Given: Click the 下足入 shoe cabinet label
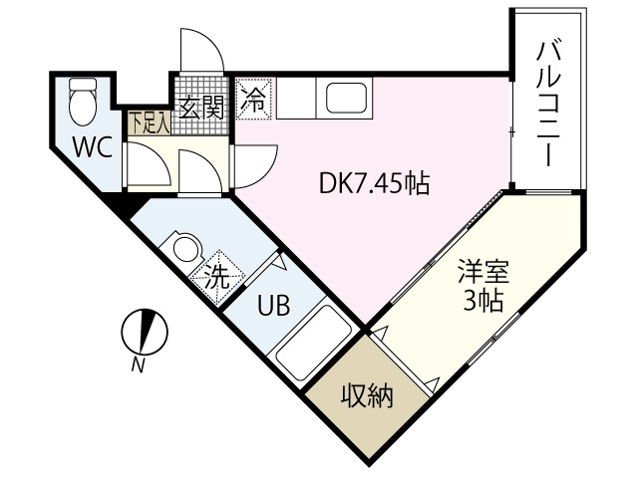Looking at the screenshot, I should pos(149,120).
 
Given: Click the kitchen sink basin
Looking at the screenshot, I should pos(344,99).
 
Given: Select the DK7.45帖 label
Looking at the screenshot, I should pos(374,183).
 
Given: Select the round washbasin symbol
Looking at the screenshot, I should pos(184,247).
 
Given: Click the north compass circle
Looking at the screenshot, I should pos(144,332).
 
